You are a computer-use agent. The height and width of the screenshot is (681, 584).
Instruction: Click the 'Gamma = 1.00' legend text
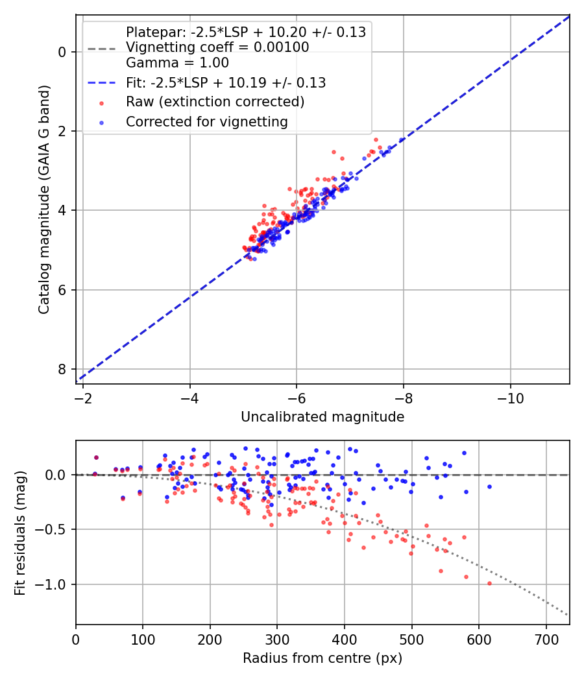(177, 63)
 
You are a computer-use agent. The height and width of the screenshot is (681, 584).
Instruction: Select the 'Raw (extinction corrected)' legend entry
(215, 102)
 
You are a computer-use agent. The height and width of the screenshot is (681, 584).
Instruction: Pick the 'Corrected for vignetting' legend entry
(206, 121)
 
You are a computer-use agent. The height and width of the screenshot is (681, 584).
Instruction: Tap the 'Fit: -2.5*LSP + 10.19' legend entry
(225, 82)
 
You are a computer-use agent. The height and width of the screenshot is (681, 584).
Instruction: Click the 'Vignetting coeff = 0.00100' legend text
(217, 47)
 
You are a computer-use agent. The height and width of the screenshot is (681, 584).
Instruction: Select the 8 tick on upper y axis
(63, 369)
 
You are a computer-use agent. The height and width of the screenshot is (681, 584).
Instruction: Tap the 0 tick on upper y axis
(63, 52)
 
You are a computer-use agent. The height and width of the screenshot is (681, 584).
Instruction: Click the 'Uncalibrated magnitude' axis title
(322, 417)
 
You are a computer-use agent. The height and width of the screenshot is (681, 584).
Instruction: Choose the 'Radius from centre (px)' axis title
(322, 658)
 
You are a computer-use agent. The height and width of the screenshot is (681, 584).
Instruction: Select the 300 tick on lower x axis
(277, 638)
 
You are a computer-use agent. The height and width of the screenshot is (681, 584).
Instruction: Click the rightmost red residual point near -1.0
(489, 583)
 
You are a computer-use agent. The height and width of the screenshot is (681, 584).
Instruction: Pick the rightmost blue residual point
(489, 486)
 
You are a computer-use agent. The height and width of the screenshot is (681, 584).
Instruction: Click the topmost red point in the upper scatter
(375, 139)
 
